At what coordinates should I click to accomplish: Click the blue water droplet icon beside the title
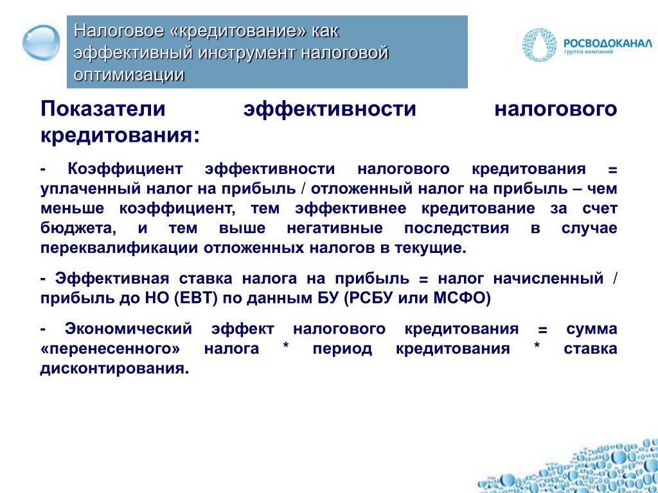[41, 43]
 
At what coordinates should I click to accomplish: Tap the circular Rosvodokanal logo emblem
[539, 45]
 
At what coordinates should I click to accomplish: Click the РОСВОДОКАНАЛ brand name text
[608, 43]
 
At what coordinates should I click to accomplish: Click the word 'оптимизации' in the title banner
[129, 74]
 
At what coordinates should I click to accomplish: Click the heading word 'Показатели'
[103, 109]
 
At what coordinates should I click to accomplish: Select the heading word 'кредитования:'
[120, 136]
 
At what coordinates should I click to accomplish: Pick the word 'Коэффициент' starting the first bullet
[125, 169]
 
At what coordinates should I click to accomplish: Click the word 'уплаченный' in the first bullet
[91, 189]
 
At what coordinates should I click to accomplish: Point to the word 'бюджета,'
[78, 229]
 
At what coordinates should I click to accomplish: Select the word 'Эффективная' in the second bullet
[112, 279]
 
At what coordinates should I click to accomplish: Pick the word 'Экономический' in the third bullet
[128, 329]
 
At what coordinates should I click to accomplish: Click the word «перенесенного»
[111, 349]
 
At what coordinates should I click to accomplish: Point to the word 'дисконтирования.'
[114, 369]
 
